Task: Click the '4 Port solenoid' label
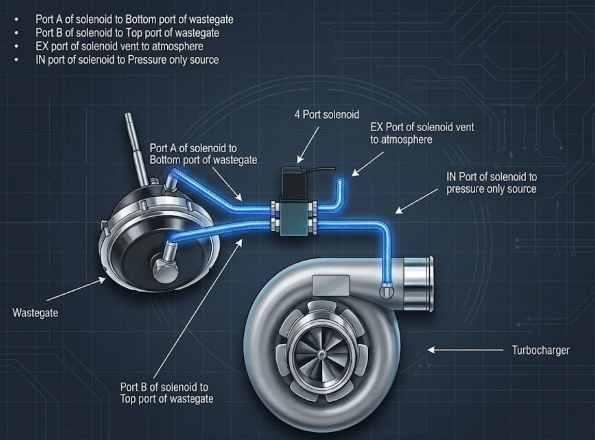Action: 327,115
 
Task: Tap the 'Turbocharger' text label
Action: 540,350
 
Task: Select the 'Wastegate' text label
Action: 35,313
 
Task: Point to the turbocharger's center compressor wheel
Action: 320,354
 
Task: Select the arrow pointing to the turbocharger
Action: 465,349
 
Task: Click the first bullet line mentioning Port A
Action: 134,20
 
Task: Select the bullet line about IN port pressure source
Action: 127,60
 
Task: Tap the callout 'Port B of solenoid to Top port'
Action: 166,393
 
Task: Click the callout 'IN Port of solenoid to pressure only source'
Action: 491,183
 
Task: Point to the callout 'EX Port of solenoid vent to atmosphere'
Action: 422,133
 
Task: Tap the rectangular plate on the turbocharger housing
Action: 331,285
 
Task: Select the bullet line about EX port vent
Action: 119,47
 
